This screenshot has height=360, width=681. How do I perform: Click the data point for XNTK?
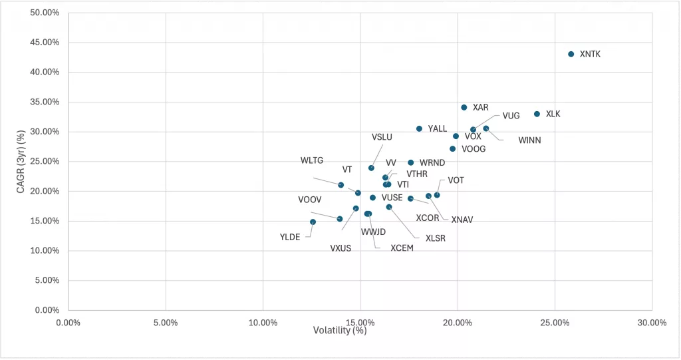click(571, 54)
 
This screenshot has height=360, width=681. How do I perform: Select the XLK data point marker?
click(537, 114)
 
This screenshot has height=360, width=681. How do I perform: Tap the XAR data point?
click(464, 107)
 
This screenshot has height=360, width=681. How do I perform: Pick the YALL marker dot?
click(419, 128)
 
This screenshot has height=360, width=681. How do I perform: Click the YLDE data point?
click(313, 222)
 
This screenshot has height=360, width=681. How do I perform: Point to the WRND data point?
click(410, 162)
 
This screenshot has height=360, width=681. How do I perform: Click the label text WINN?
click(529, 140)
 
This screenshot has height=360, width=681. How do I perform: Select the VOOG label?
click(474, 149)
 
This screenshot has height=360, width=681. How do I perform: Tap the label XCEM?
click(402, 248)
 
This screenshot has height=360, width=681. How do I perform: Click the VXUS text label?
click(340, 248)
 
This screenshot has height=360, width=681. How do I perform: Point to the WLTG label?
click(312, 160)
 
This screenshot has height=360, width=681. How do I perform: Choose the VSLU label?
click(382, 137)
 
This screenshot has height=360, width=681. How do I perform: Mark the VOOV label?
click(310, 200)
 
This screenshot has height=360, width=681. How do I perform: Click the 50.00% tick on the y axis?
click(45, 13)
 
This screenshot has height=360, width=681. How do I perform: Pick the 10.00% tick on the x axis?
click(263, 323)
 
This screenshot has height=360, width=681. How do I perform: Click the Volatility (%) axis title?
click(340, 331)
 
